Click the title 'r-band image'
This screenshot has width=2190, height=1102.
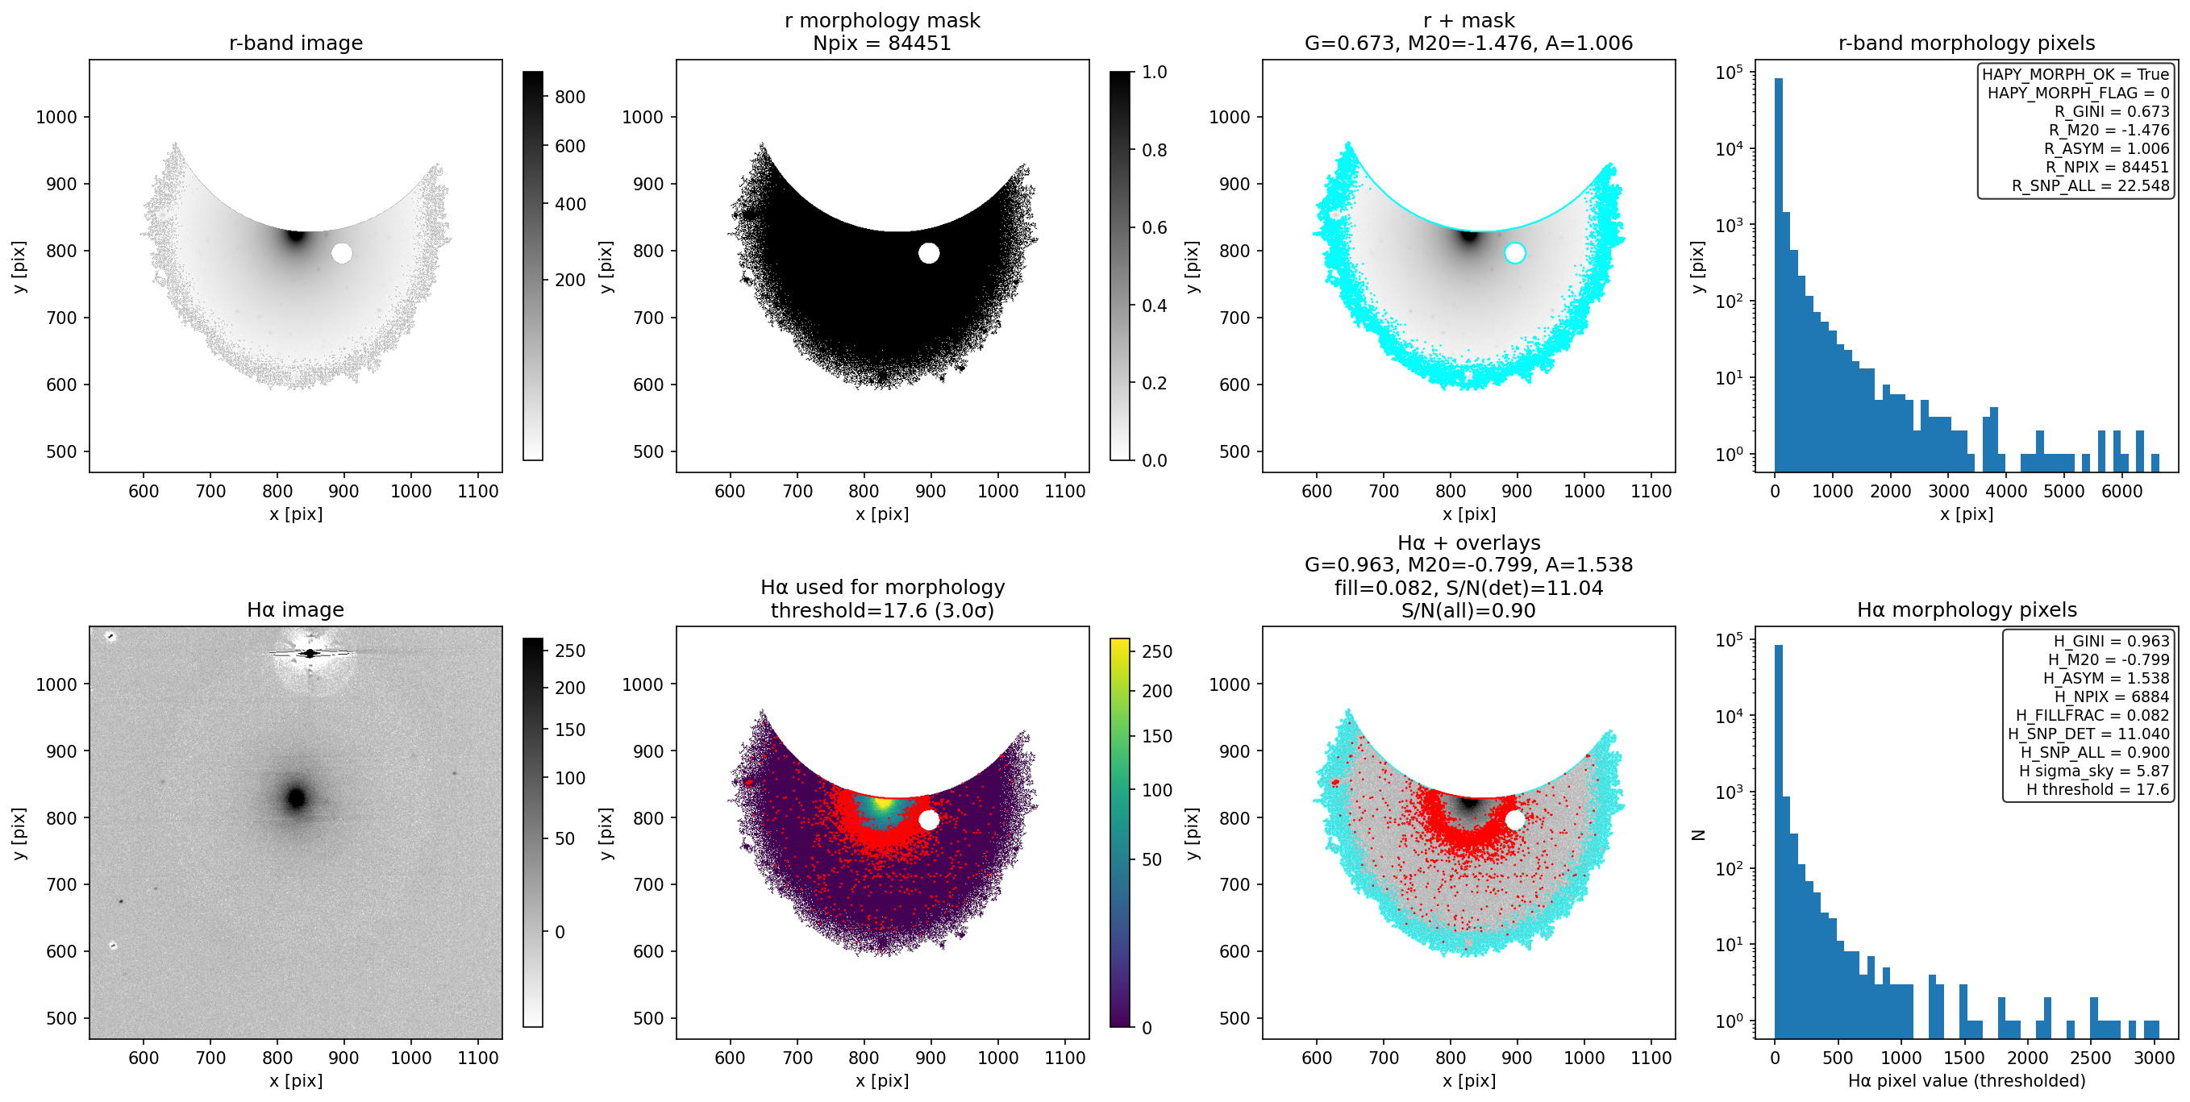[296, 43]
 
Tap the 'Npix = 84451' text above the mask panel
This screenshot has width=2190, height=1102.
[881, 43]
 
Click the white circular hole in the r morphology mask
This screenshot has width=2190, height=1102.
[928, 253]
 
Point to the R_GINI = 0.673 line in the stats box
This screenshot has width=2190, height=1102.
[2111, 111]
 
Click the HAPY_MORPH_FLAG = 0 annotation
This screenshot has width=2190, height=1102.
[2078, 93]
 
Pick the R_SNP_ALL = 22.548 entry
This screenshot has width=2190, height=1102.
[2090, 185]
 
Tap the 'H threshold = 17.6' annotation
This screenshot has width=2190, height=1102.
[2097, 789]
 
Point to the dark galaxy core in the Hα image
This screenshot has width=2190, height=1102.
[296, 798]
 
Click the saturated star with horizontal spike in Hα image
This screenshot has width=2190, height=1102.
[310, 654]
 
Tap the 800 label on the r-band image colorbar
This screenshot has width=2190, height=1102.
[569, 97]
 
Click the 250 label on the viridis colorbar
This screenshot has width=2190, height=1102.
[1157, 651]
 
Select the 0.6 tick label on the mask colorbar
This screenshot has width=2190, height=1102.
[1155, 227]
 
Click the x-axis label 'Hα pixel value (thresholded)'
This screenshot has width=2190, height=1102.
[1967, 1081]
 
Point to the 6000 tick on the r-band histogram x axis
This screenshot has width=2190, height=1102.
[2122, 491]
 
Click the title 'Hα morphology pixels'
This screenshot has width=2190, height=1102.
[1967, 609]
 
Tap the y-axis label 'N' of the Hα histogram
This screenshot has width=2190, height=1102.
[1699, 834]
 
